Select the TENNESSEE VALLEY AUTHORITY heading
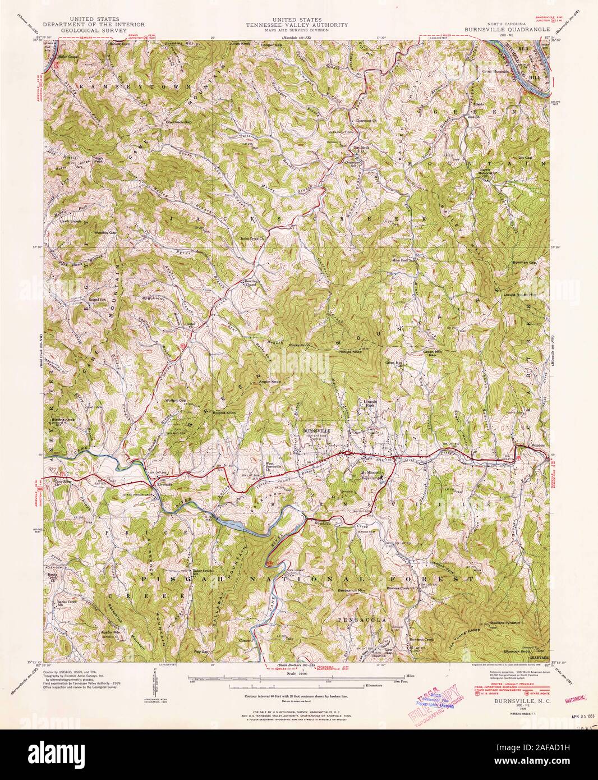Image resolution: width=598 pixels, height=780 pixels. point(299,25)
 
